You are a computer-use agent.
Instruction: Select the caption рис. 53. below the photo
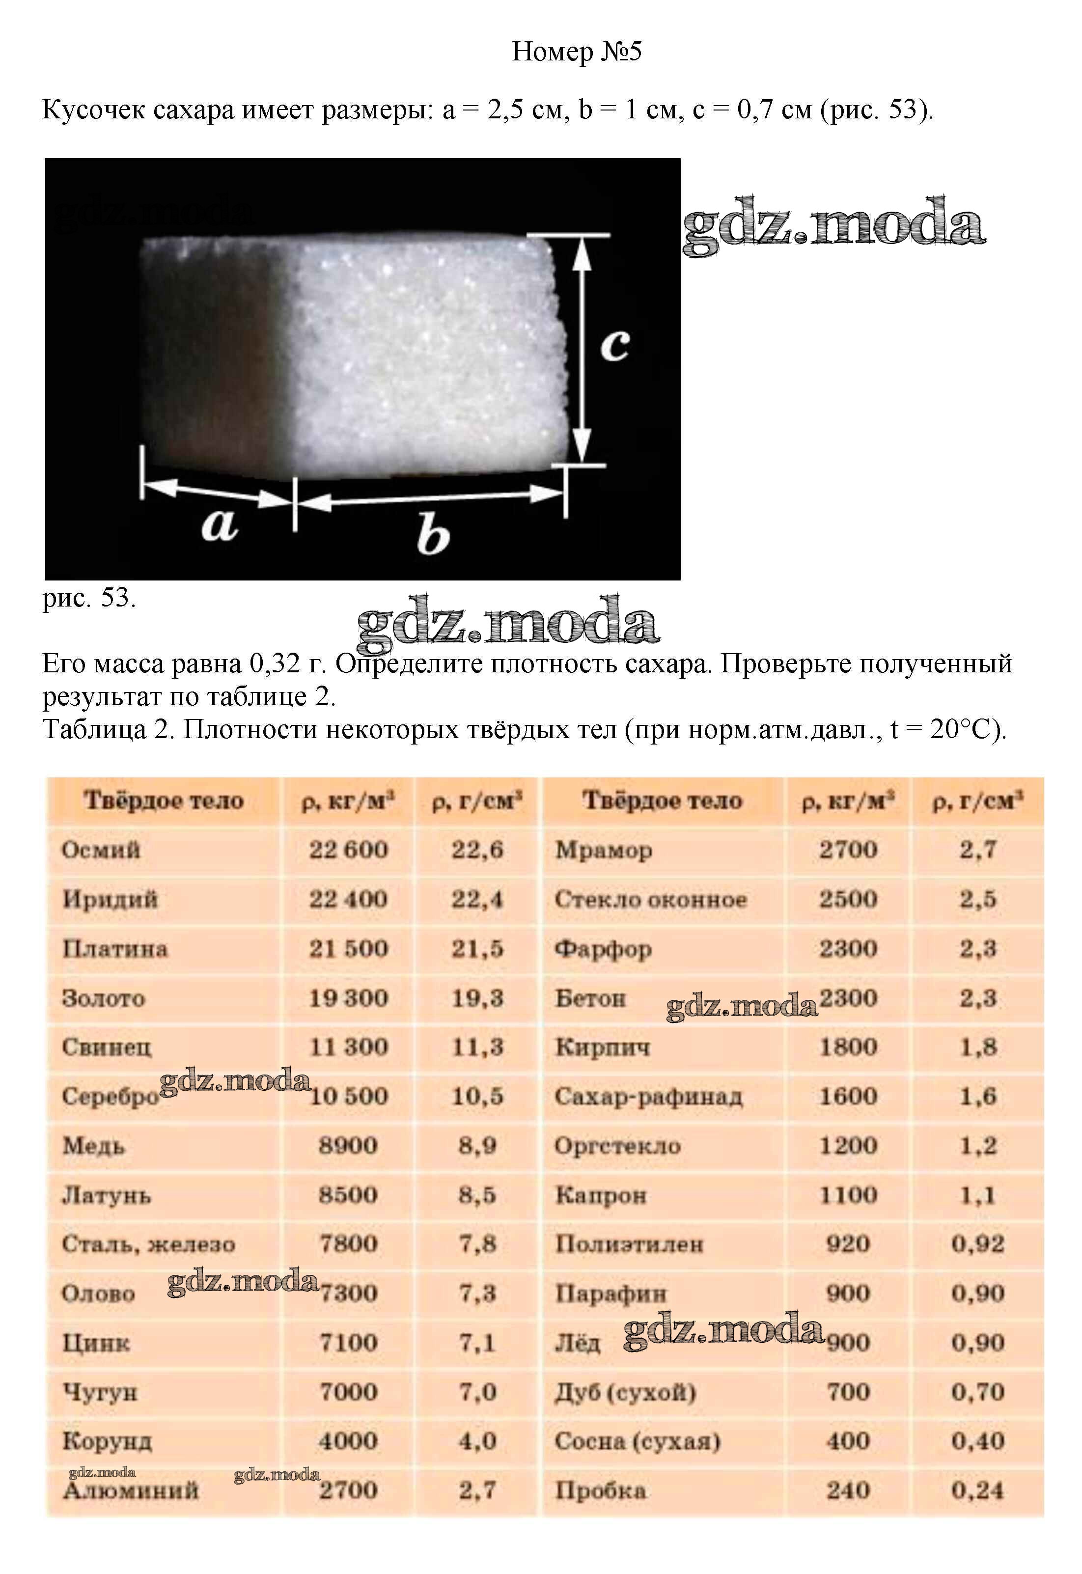(89, 598)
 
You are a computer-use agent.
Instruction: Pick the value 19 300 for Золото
(348, 998)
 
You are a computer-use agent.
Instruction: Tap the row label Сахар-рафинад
(648, 1097)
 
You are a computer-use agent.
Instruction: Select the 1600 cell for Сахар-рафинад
(848, 1096)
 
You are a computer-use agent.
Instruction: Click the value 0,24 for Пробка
(977, 1490)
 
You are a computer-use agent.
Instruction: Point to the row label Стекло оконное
(651, 900)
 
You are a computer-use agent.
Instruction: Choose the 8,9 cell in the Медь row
(477, 1146)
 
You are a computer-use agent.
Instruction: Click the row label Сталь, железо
(148, 1244)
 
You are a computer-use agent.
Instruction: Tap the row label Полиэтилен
(629, 1244)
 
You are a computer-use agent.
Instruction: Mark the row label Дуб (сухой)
(625, 1392)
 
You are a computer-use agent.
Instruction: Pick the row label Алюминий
(131, 1490)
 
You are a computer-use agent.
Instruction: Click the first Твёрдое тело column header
(164, 801)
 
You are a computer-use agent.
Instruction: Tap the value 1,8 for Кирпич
(977, 1048)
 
